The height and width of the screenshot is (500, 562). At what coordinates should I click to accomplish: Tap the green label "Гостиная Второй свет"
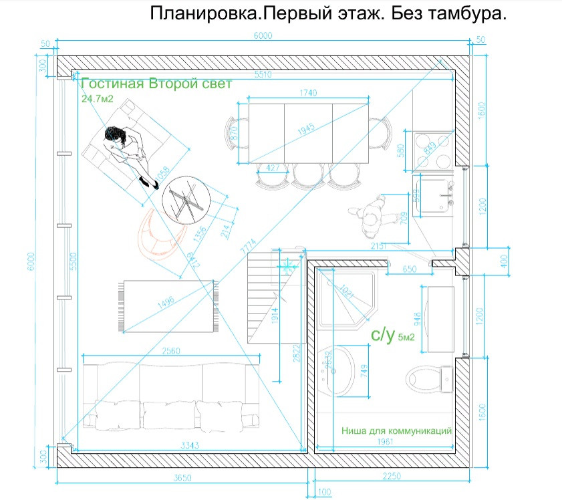tap(156, 84)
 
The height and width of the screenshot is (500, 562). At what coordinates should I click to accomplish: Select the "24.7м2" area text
tap(98, 99)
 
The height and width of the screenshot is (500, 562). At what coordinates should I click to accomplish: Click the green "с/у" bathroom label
tap(383, 335)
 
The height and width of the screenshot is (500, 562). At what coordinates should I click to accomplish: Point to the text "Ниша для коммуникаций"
tap(397, 431)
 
